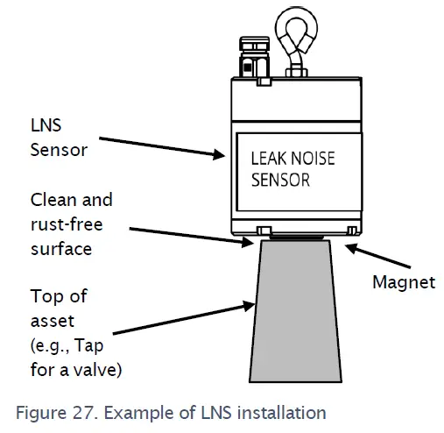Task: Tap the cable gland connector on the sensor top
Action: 254,57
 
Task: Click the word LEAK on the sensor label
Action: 269,159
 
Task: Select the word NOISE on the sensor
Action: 313,159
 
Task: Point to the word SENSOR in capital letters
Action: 280,180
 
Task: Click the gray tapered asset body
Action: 295,311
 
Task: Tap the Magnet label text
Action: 404,282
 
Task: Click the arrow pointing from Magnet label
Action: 378,256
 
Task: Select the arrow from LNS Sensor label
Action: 162,147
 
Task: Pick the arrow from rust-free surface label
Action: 191,236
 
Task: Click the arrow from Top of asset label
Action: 184,318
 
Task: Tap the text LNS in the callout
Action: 46,125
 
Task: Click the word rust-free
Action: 67,224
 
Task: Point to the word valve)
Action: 97,370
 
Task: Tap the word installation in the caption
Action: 281,413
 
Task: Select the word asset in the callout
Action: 53,322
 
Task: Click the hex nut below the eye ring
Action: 296,72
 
